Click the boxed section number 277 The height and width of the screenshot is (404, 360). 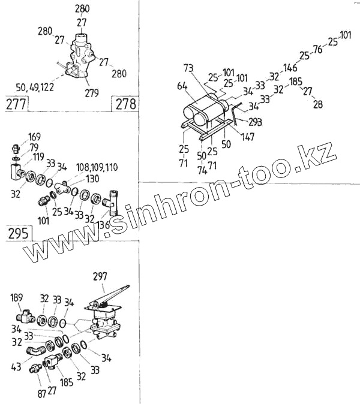click(16, 104)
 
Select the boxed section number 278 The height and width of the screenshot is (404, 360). click(125, 104)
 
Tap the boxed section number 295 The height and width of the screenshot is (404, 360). click(18, 233)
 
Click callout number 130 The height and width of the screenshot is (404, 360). click(92, 178)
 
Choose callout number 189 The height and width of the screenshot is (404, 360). click(17, 296)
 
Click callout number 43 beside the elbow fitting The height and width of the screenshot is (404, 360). click(16, 366)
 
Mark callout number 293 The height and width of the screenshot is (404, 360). click(256, 122)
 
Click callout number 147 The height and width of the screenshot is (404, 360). click(248, 137)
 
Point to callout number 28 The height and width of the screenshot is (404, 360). click(317, 104)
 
